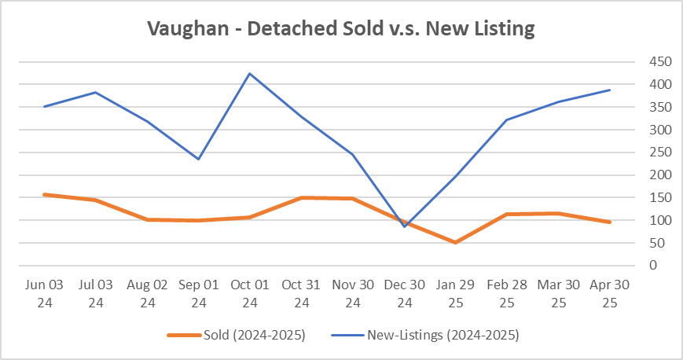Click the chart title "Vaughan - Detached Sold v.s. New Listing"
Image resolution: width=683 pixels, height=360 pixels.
[x=341, y=30]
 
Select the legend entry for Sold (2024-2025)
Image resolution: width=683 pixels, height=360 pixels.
[x=236, y=335]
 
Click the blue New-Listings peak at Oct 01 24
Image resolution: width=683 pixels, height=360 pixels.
[x=250, y=74]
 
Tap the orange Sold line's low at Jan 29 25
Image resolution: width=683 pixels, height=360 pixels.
[x=456, y=242]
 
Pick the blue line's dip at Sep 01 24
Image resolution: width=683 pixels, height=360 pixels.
[x=198, y=159]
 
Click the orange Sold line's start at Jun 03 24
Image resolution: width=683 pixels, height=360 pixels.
[x=44, y=194]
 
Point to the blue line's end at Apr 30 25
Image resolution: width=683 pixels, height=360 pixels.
[x=610, y=90]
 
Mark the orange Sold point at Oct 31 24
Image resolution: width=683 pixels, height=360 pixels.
[x=301, y=198]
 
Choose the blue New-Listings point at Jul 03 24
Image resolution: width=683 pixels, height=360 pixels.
[x=95, y=92]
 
